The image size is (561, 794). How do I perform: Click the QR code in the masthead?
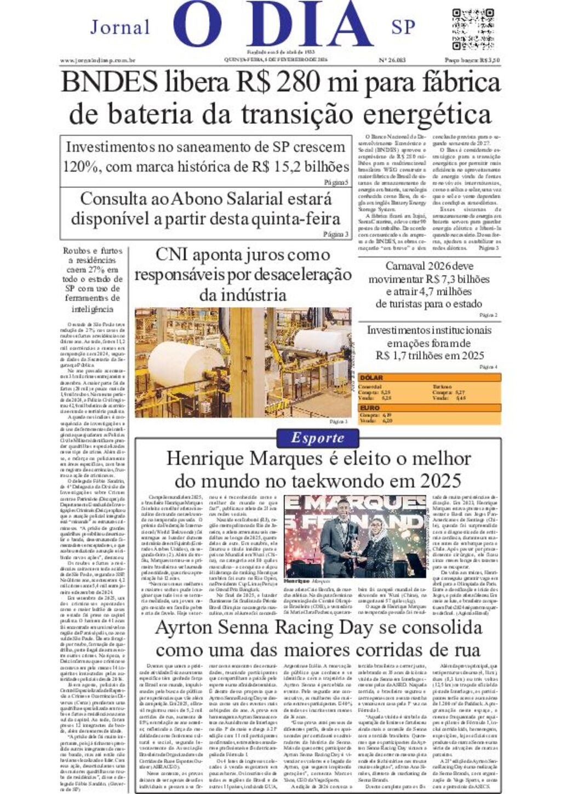[x=473, y=29]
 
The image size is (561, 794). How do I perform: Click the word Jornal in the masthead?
[x=120, y=27]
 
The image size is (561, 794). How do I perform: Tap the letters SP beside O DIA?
[x=403, y=27]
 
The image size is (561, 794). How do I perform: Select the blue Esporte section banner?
[x=318, y=438]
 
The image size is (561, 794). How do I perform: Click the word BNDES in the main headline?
[x=109, y=83]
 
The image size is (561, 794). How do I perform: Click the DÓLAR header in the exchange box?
[x=371, y=378]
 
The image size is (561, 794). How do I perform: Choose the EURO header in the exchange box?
[x=369, y=408]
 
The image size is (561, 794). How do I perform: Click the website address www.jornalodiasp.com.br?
[x=98, y=61]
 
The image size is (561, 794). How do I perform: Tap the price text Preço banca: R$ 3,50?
[x=472, y=61]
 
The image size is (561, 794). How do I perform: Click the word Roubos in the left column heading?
[x=77, y=250]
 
